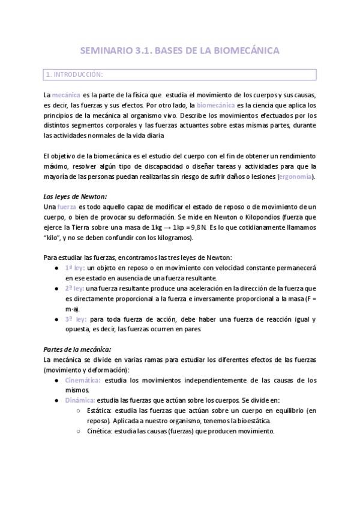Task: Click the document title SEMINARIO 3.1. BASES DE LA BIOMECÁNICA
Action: (179, 51)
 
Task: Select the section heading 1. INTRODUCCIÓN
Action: (74, 75)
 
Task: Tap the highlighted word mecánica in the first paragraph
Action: (66, 95)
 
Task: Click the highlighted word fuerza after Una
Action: (67, 207)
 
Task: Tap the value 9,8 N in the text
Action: (196, 227)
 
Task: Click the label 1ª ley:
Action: (75, 268)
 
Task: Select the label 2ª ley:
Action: (75, 288)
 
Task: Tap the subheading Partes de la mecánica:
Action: (78, 349)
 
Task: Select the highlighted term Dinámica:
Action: (80, 400)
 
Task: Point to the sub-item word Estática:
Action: (100, 411)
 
